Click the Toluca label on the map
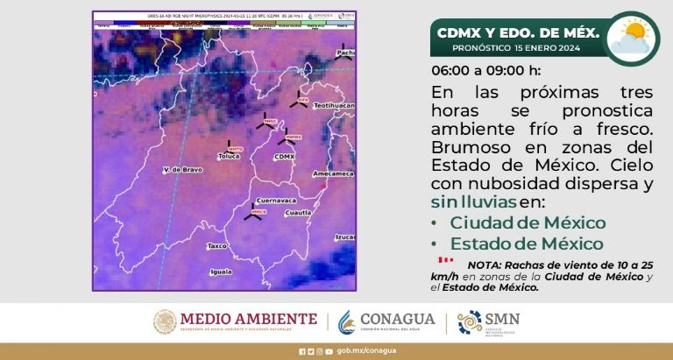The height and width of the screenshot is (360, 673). pos(228,157)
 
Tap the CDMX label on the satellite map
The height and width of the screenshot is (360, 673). pos(285,156)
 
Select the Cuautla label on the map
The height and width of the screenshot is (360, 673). pos(299,212)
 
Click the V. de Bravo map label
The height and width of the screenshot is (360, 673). pos(182,169)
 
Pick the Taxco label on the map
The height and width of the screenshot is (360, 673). pos(216,246)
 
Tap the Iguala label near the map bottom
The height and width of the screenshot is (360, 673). pos(221,272)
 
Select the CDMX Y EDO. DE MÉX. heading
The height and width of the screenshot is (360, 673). pos(518,32)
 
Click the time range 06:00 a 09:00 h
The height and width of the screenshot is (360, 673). pos(486,70)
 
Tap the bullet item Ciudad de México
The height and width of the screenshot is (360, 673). pos(528,222)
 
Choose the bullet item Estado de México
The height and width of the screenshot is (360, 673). pos(527,244)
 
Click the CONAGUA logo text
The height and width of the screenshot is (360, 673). pos(398,318)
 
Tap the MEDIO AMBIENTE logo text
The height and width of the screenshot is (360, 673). pos(248,318)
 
